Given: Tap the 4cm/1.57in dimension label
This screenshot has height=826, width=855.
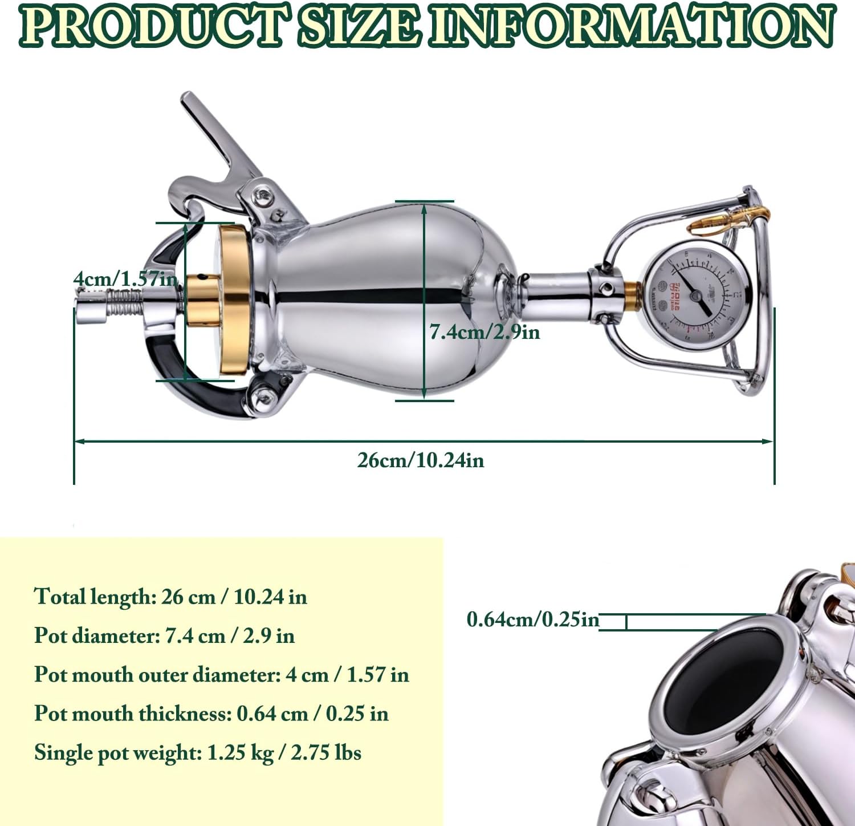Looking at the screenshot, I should (x=125, y=280).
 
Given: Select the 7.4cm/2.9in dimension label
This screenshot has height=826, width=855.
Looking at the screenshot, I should (x=484, y=331).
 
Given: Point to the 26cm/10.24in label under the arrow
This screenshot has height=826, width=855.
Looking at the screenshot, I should (x=421, y=460).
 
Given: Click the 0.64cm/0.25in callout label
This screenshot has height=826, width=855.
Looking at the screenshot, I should (x=532, y=619).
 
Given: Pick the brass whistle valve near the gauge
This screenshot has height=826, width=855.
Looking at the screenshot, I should (x=727, y=220).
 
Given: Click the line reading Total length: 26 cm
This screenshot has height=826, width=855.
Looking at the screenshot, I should (x=170, y=597).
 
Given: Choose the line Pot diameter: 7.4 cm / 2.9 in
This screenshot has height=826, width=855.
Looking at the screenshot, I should (x=164, y=635).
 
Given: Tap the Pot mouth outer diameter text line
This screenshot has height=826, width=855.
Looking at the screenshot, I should (x=221, y=674).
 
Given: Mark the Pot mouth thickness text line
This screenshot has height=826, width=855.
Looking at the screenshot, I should (x=211, y=714).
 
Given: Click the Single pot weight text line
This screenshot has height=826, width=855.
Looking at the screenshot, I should (x=197, y=753).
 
